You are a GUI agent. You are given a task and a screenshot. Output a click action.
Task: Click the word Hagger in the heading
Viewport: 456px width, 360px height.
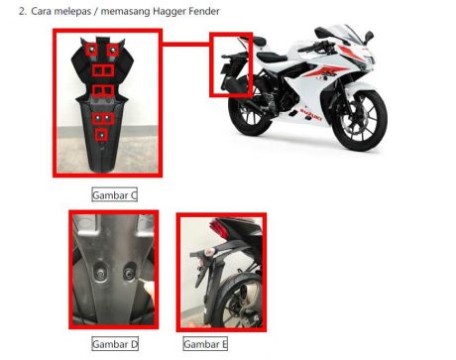tap(170, 12)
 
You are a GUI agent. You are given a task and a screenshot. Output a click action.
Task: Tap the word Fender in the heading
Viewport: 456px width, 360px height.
tap(204, 11)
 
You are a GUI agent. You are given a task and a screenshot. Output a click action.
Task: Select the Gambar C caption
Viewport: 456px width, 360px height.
tap(114, 195)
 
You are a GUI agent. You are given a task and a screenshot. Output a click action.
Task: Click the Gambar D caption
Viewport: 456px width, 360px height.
tap(115, 344)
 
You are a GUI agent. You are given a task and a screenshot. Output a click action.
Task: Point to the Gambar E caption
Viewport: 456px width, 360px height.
tap(205, 344)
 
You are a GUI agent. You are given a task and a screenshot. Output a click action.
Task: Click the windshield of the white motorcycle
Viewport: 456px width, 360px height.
tap(349, 33)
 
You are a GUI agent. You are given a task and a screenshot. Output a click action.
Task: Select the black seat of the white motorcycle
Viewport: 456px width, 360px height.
tap(271, 57)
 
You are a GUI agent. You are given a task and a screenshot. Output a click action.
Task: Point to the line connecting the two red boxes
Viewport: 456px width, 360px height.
tap(185, 44)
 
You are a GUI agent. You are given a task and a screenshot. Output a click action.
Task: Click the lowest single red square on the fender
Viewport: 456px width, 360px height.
tap(101, 135)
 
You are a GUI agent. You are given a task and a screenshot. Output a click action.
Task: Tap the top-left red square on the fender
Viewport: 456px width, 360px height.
tap(91, 50)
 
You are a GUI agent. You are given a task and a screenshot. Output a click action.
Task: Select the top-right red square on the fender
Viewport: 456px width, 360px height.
tap(113, 50)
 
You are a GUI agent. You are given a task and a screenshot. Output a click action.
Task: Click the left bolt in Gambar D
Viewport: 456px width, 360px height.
tap(101, 273)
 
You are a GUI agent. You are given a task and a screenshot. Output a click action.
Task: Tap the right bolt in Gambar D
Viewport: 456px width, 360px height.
tap(128, 273)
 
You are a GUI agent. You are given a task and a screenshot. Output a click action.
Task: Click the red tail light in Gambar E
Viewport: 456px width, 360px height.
tap(219, 228)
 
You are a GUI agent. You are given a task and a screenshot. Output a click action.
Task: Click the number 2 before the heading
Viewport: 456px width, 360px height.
tap(23, 11)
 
